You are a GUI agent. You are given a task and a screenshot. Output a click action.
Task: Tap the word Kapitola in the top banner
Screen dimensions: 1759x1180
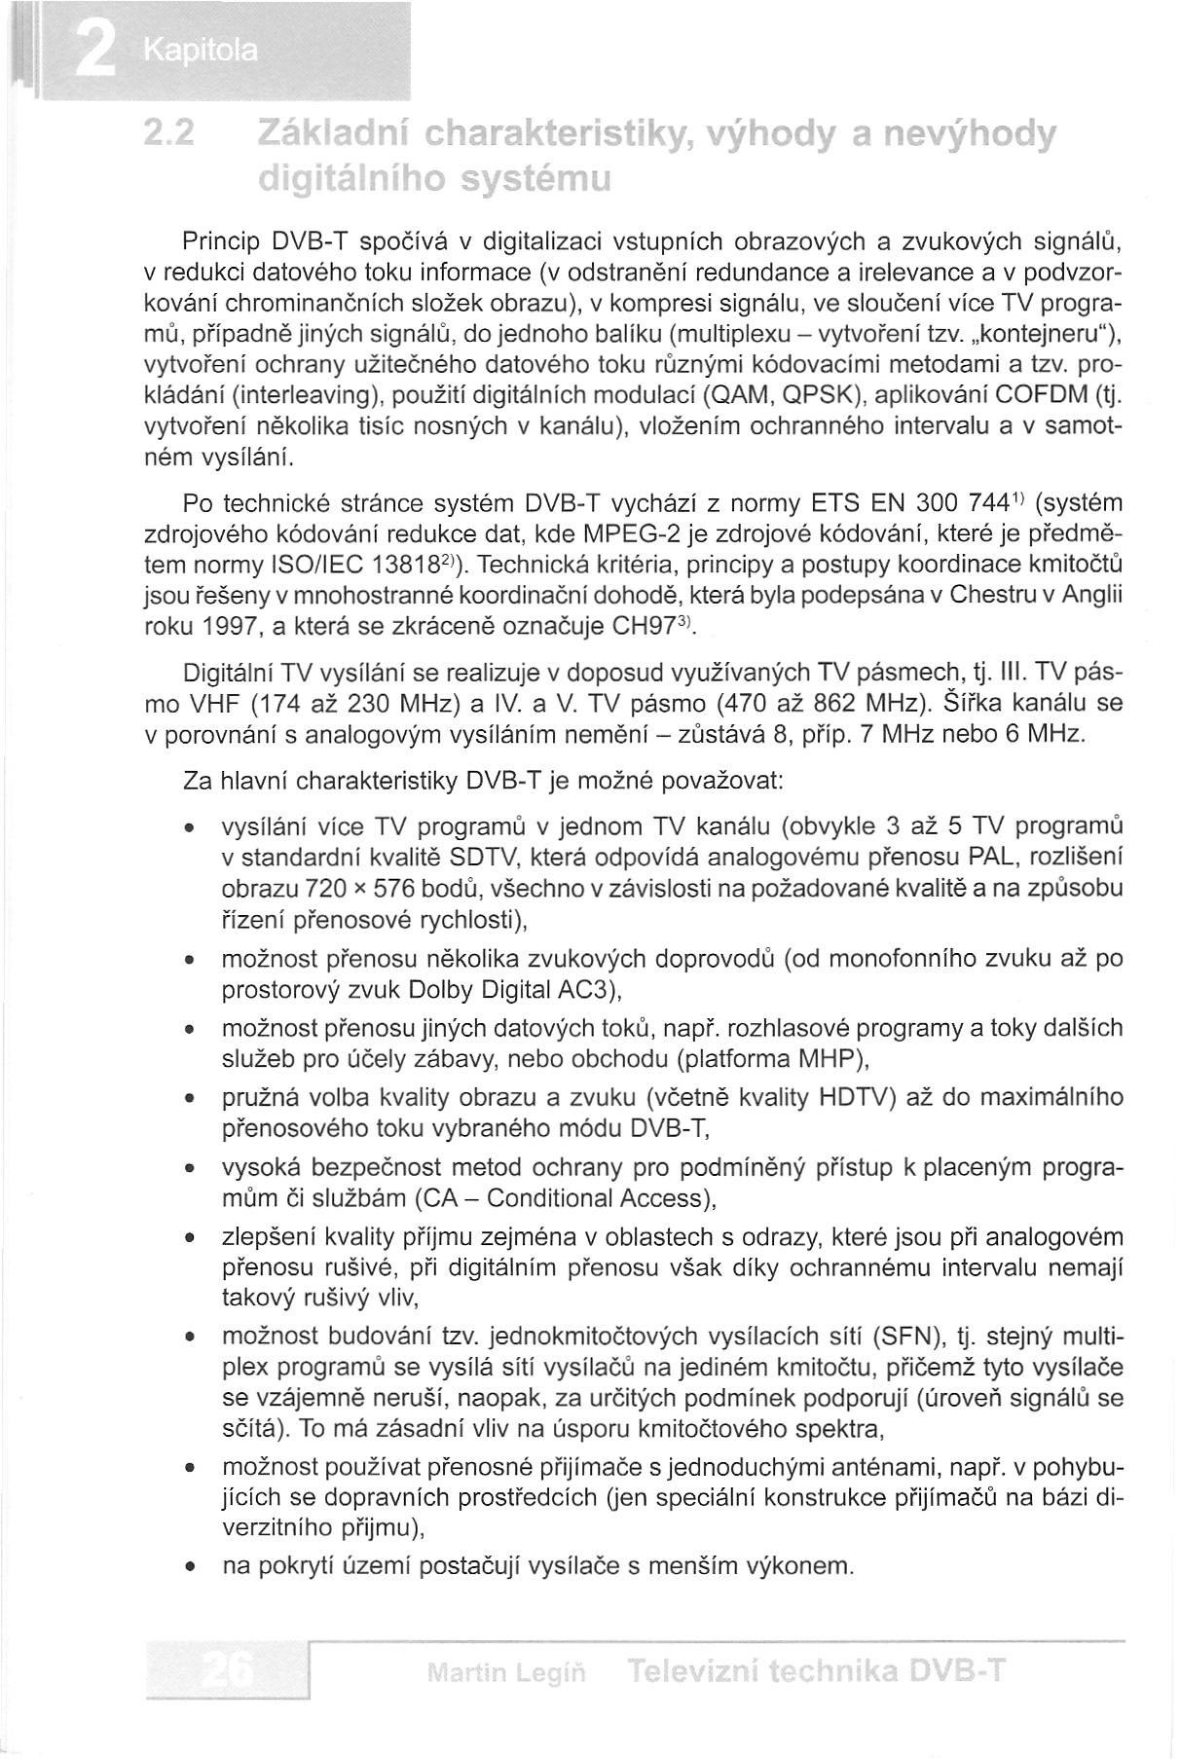pyautogui.click(x=201, y=50)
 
